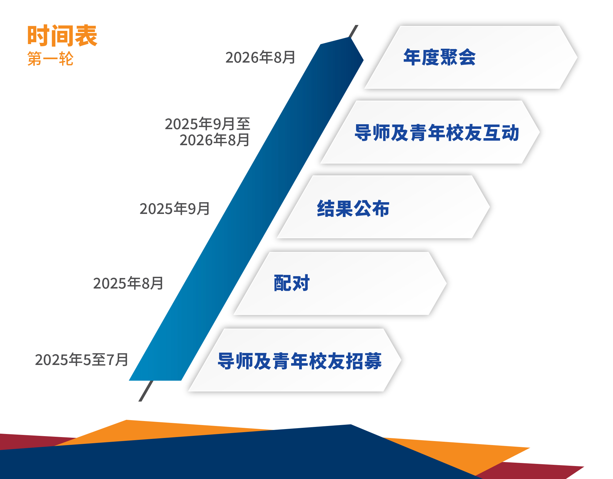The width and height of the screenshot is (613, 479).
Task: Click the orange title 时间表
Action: [62, 36]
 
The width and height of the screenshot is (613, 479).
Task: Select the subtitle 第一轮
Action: [50, 59]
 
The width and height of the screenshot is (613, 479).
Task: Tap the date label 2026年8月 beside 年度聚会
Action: [260, 57]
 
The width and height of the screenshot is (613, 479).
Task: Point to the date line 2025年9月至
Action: [207, 124]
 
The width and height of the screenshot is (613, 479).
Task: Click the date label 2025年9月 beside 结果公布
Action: [174, 209]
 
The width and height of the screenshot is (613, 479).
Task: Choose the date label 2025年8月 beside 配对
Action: [128, 283]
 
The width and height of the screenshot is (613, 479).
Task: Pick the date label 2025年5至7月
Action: [82, 360]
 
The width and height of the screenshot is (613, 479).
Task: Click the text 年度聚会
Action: [439, 57]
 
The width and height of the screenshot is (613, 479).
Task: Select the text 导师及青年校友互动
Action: [437, 133]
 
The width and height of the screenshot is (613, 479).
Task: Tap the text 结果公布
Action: [353, 209]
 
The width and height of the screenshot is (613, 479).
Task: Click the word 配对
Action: [291, 283]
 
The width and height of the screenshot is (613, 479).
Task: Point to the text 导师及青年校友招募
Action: [300, 361]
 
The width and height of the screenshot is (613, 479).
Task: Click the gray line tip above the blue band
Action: [354, 31]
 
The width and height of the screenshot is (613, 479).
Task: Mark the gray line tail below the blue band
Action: [145, 391]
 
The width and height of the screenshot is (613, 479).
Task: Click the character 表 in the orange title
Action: [86, 36]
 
